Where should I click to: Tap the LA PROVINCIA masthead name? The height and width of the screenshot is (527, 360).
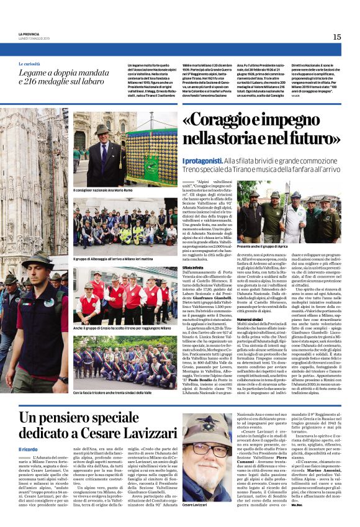[29, 34]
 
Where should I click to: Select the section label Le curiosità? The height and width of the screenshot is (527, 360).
[29, 64]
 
